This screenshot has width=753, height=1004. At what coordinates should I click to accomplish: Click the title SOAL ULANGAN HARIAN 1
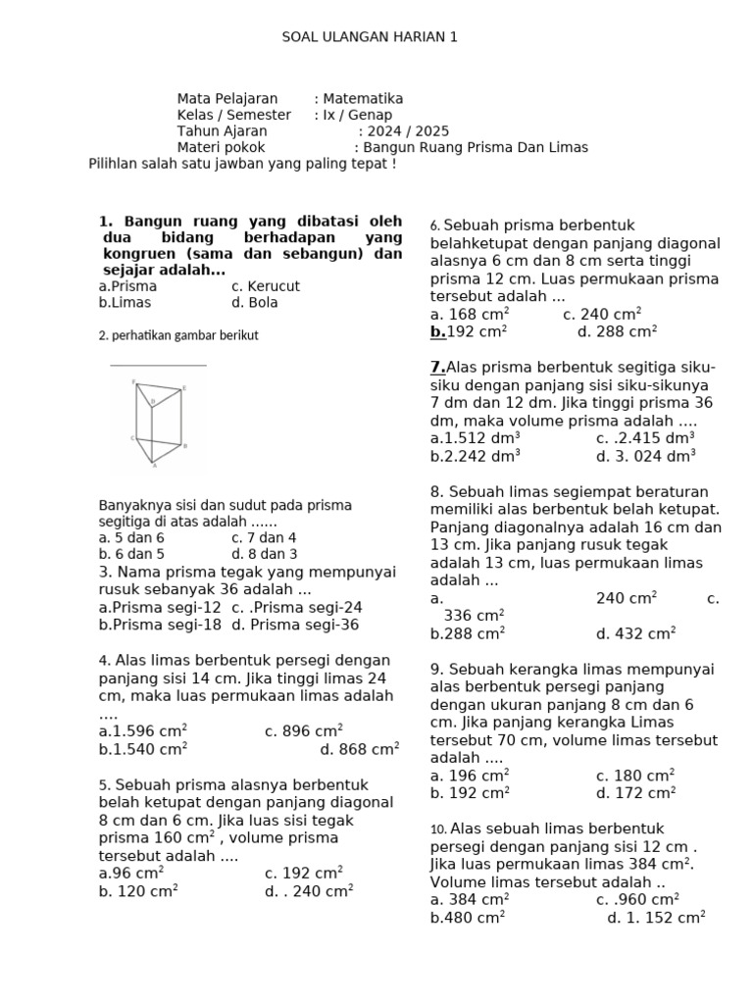click(x=370, y=37)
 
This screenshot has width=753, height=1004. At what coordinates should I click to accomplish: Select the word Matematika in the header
click(x=363, y=99)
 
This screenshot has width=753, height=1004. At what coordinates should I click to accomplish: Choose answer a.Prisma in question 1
click(x=127, y=286)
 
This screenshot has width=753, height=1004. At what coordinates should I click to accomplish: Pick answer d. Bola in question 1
click(x=255, y=303)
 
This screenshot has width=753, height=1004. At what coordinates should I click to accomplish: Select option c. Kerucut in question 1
click(x=266, y=286)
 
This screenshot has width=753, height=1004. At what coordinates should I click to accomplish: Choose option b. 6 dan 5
click(x=131, y=553)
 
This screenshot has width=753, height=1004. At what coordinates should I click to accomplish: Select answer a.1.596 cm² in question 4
click(x=143, y=731)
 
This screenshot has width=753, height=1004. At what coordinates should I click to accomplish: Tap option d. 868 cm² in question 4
click(x=359, y=750)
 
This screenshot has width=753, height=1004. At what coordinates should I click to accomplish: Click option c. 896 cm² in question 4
click(x=304, y=731)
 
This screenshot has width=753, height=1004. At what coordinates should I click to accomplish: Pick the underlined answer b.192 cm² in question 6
click(x=469, y=332)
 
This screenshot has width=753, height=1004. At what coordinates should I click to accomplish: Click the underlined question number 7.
click(x=437, y=368)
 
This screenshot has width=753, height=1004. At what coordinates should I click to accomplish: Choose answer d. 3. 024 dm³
click(x=645, y=455)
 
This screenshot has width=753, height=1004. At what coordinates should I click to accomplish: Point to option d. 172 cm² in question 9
click(x=635, y=793)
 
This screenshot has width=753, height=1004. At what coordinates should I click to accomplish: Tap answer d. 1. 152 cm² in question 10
click(x=656, y=919)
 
